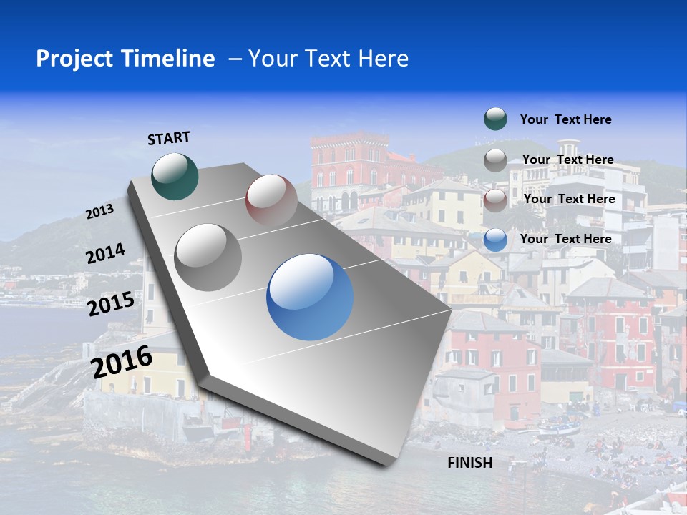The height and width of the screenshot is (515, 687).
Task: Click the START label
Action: tap(169, 138)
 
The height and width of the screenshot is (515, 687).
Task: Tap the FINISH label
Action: tap(470, 463)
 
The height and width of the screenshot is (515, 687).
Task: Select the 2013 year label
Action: tap(99, 212)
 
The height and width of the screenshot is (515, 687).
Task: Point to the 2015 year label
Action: tap(110, 304)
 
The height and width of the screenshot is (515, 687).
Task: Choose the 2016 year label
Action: tap(122, 361)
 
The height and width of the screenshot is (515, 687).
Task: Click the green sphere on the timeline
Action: tap(175, 176)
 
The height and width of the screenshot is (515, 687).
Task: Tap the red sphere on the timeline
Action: tap(271, 200)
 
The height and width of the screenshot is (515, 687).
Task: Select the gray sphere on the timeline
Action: tap(208, 257)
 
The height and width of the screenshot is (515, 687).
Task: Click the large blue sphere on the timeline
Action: tap(310, 297)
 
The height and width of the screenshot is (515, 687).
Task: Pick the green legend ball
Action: tap(495, 119)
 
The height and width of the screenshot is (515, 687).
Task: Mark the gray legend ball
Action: tap(495, 160)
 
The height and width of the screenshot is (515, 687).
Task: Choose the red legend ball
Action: tap(495, 200)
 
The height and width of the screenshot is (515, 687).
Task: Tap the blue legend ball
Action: tap(495, 240)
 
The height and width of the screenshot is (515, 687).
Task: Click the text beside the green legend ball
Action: tap(565, 119)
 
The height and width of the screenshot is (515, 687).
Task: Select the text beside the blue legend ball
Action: tap(565, 239)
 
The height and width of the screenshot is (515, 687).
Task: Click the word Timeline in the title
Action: tap(170, 59)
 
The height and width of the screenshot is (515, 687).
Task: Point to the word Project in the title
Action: tap(74, 59)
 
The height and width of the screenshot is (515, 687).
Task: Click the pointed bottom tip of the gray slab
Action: tap(390, 463)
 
